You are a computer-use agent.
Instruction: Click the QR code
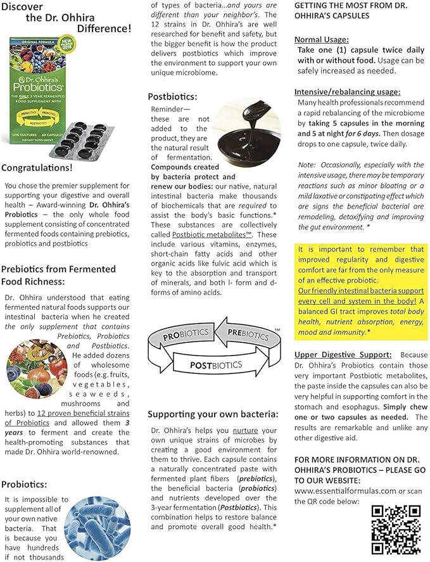(x=396, y=530)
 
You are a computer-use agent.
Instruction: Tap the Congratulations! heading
(x=37, y=168)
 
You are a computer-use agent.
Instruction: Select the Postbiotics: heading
(x=172, y=96)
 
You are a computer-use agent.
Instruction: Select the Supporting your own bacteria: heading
(x=213, y=414)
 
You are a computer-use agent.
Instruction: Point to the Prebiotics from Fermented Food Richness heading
(x=58, y=275)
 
